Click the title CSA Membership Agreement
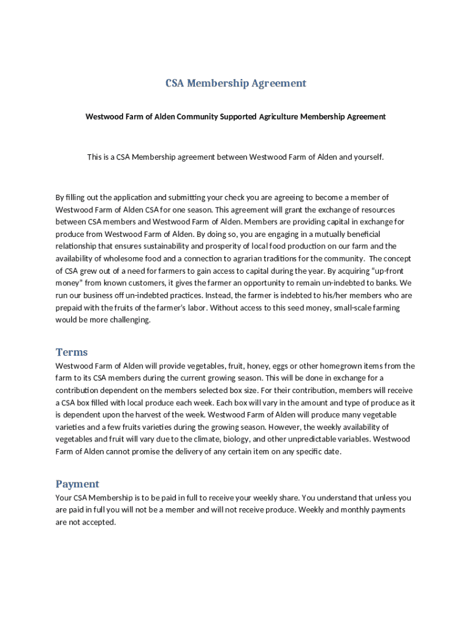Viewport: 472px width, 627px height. pyautogui.click(x=235, y=83)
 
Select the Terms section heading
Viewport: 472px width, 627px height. pyautogui.click(x=72, y=352)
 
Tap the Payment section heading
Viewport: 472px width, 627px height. pyautogui.click(x=77, y=484)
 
